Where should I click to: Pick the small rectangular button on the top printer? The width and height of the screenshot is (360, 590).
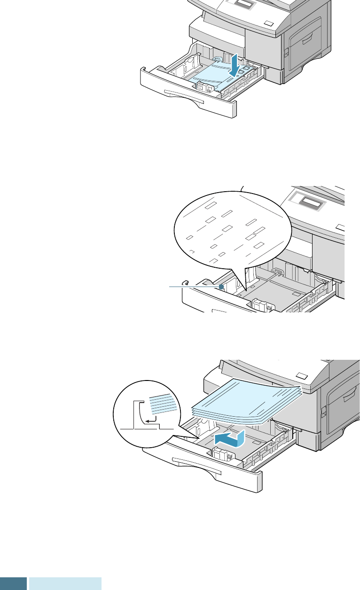click(x=268, y=23)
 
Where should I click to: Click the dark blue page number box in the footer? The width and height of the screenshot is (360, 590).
click(x=13, y=583)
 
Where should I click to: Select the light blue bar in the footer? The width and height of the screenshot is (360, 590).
click(x=65, y=583)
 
